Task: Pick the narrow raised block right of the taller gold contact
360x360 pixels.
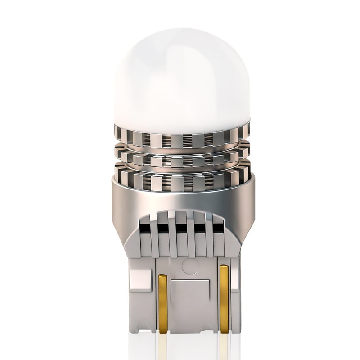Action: tap(236, 292)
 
